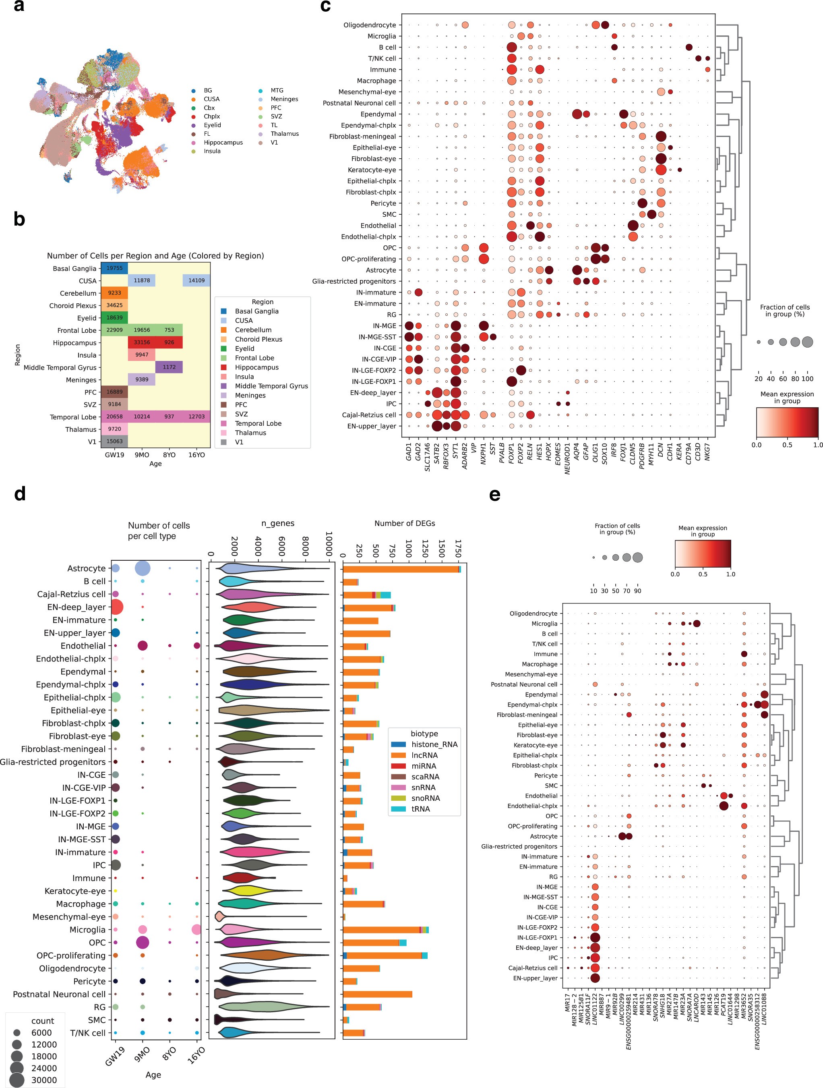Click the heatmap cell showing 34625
(x=114, y=305)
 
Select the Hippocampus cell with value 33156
(x=142, y=342)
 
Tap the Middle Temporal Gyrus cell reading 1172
(x=169, y=367)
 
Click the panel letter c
(x=325, y=7)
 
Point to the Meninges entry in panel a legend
(x=284, y=99)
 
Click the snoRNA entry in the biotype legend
(x=425, y=798)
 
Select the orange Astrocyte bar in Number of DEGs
(x=400, y=569)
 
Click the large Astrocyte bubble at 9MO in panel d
(x=143, y=569)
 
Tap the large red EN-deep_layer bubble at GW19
(x=116, y=607)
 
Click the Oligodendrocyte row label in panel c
(x=369, y=25)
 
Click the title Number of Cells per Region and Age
(x=155, y=256)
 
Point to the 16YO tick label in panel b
(x=196, y=455)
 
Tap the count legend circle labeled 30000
(x=17, y=1080)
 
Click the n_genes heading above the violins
(x=278, y=523)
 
